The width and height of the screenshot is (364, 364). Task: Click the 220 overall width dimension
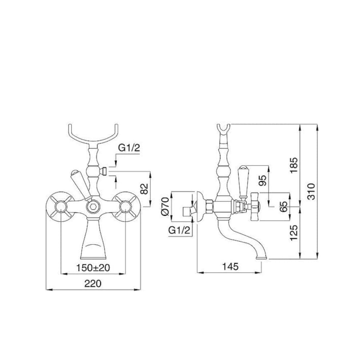tap(93, 284)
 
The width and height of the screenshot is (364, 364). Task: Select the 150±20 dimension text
tap(93, 268)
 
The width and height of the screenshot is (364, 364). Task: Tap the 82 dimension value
tap(145, 189)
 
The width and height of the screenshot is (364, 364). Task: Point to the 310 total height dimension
tap(311, 191)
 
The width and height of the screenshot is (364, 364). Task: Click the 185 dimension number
tap(294, 165)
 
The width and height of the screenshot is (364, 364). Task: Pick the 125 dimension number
tap(294, 233)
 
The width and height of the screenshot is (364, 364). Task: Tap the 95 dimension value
tap(263, 181)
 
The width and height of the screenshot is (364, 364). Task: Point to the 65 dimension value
tap(284, 206)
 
